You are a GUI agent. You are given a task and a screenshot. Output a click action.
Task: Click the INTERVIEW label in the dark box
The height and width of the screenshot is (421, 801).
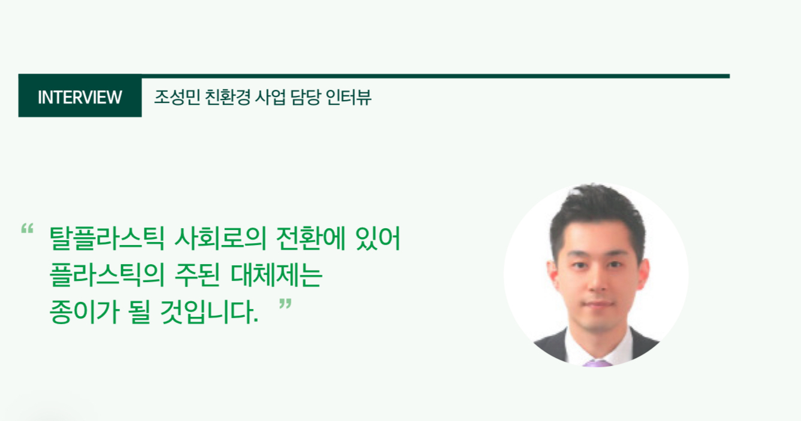click(x=80, y=97)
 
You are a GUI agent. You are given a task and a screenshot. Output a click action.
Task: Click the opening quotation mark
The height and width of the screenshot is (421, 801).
click(x=26, y=229)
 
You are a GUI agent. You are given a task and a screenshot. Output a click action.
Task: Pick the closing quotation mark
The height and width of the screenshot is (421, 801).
click(x=285, y=305)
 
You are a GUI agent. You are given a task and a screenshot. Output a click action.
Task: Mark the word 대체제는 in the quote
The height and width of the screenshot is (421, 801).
click(x=288, y=276)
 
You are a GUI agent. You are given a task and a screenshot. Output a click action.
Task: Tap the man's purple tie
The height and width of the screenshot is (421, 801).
click(x=597, y=362)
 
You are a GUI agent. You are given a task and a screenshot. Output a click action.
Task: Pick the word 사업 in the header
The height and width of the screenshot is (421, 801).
click(x=268, y=97)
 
